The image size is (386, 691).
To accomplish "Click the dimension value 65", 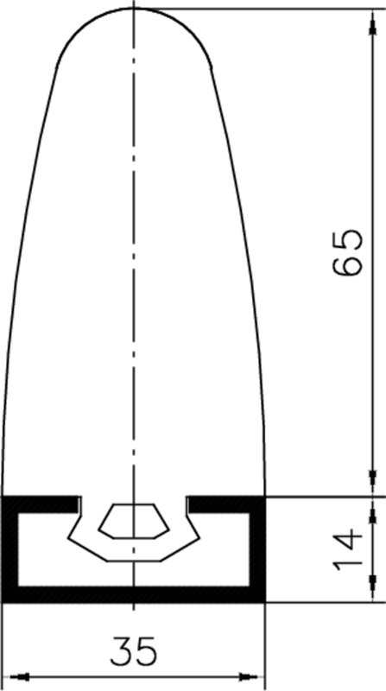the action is (348, 252).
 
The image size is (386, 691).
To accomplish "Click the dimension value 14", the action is (348, 549).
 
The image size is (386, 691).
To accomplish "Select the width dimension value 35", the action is (134, 651).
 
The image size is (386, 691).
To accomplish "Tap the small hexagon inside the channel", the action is (134, 521).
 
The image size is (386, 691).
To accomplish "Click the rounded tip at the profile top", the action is (134, 9).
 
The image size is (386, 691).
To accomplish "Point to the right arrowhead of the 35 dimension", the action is (249, 676).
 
